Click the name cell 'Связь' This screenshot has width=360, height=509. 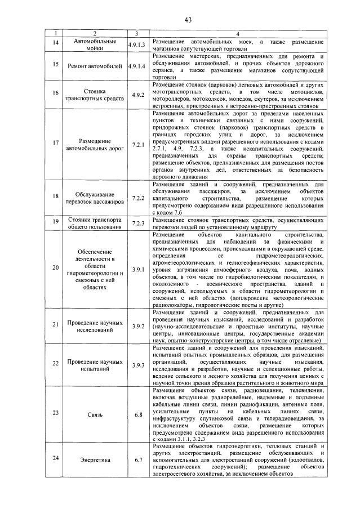point(95,414)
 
